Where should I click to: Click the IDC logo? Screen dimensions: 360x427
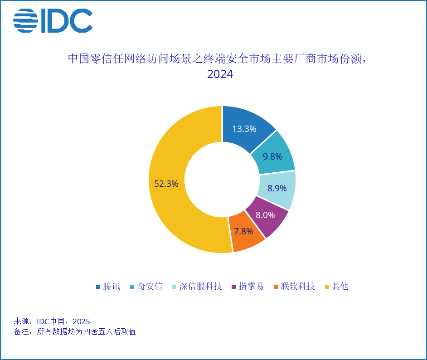click(53, 21)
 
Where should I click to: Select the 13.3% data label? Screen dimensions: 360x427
click(244, 129)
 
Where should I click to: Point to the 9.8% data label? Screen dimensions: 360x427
click(272, 156)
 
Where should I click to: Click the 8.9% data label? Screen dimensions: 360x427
click(277, 188)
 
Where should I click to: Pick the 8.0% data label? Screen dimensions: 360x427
click(265, 215)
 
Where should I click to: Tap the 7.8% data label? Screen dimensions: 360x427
click(243, 231)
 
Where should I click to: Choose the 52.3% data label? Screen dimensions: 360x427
click(166, 184)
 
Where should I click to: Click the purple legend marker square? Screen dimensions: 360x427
click(234, 287)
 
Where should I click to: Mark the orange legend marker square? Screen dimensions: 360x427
click(276, 287)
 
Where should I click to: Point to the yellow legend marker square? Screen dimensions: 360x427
click(327, 287)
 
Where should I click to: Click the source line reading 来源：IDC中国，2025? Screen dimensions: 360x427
click(52, 322)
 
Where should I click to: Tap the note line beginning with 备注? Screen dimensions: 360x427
click(75, 331)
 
